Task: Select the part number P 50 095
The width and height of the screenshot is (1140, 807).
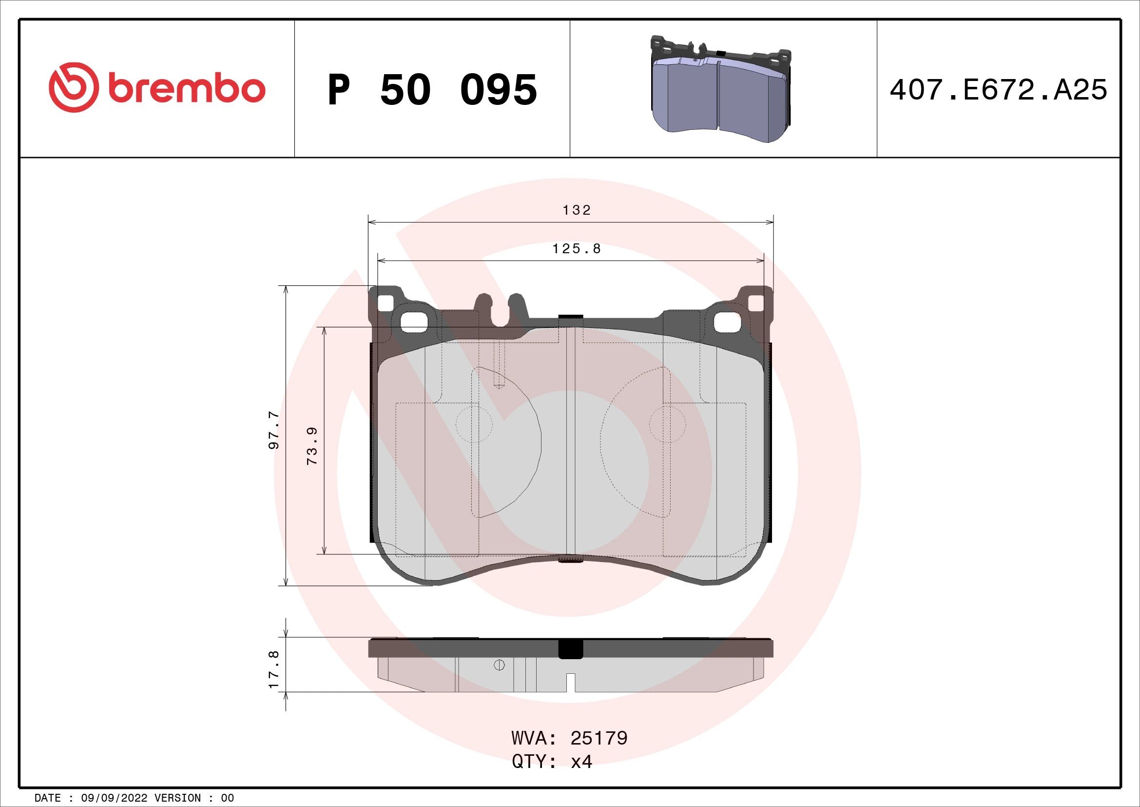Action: pyautogui.click(x=432, y=90)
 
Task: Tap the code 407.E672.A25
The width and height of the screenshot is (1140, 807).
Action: pyautogui.click(x=998, y=90)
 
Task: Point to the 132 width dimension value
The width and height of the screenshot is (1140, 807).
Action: pyautogui.click(x=577, y=210)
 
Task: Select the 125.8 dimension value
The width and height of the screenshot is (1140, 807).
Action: pyautogui.click(x=577, y=248)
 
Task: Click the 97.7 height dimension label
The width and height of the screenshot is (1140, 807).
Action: pyautogui.click(x=273, y=430)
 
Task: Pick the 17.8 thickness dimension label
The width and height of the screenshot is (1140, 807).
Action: pyautogui.click(x=273, y=669)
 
